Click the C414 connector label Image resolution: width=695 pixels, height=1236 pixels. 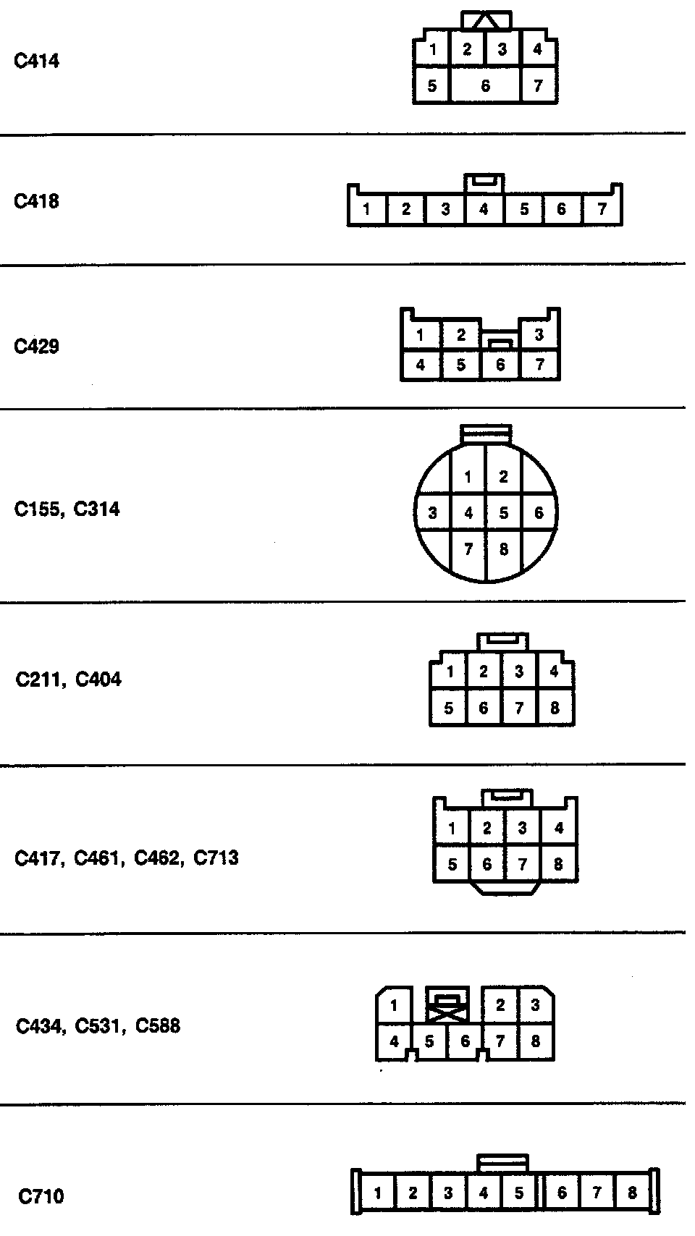[x=36, y=61]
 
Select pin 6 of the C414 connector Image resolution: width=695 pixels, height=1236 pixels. [x=485, y=86]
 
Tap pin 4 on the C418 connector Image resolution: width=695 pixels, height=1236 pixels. [x=484, y=210]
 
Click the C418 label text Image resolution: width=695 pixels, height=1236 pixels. [x=36, y=201]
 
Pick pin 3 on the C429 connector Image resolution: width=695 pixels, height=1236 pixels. [x=539, y=334]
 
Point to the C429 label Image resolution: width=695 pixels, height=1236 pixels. [x=36, y=346]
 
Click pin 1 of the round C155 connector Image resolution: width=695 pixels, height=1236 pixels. [x=468, y=477]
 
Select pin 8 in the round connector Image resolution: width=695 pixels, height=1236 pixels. [x=504, y=549]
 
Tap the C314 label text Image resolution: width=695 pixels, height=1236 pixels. [x=97, y=509]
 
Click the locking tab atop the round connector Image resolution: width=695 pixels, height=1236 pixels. [x=486, y=433]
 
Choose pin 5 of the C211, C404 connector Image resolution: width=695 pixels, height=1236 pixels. [x=449, y=708]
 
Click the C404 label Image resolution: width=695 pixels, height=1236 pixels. [x=98, y=680]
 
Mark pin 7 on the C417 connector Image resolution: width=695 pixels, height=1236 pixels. [x=523, y=864]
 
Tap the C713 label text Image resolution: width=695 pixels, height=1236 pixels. [x=216, y=858]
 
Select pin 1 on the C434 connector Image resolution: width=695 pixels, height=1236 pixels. [x=394, y=1005]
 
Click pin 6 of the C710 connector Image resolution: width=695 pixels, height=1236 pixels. [x=562, y=1193]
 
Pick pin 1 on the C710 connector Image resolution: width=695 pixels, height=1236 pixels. [x=377, y=1193]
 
